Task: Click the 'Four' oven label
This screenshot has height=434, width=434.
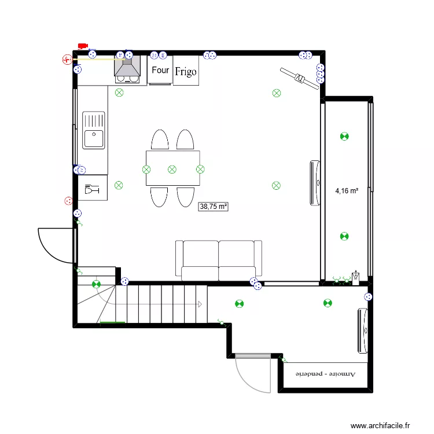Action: pyautogui.click(x=160, y=70)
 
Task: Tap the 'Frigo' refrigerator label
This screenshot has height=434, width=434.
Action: pyautogui.click(x=186, y=72)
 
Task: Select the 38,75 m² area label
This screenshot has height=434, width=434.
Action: pyautogui.click(x=214, y=206)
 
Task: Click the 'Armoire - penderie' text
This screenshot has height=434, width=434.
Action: pyautogui.click(x=326, y=374)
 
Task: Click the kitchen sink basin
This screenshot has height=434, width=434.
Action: pyautogui.click(x=93, y=139)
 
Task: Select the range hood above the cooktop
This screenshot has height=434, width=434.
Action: pyautogui.click(x=127, y=67)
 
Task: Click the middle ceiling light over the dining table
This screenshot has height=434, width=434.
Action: pyautogui.click(x=172, y=169)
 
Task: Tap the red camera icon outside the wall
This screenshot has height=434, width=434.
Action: pyautogui.click(x=82, y=46)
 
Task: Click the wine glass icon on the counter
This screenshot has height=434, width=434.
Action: pyautogui.click(x=92, y=189)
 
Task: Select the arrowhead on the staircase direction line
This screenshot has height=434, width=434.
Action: pyautogui.click(x=200, y=304)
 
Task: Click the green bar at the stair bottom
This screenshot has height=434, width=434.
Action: pyautogui.click(x=112, y=322)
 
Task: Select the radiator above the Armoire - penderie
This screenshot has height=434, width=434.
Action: pyautogui.click(x=363, y=330)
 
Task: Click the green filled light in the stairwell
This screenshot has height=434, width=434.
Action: pyautogui.click(x=96, y=284)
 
